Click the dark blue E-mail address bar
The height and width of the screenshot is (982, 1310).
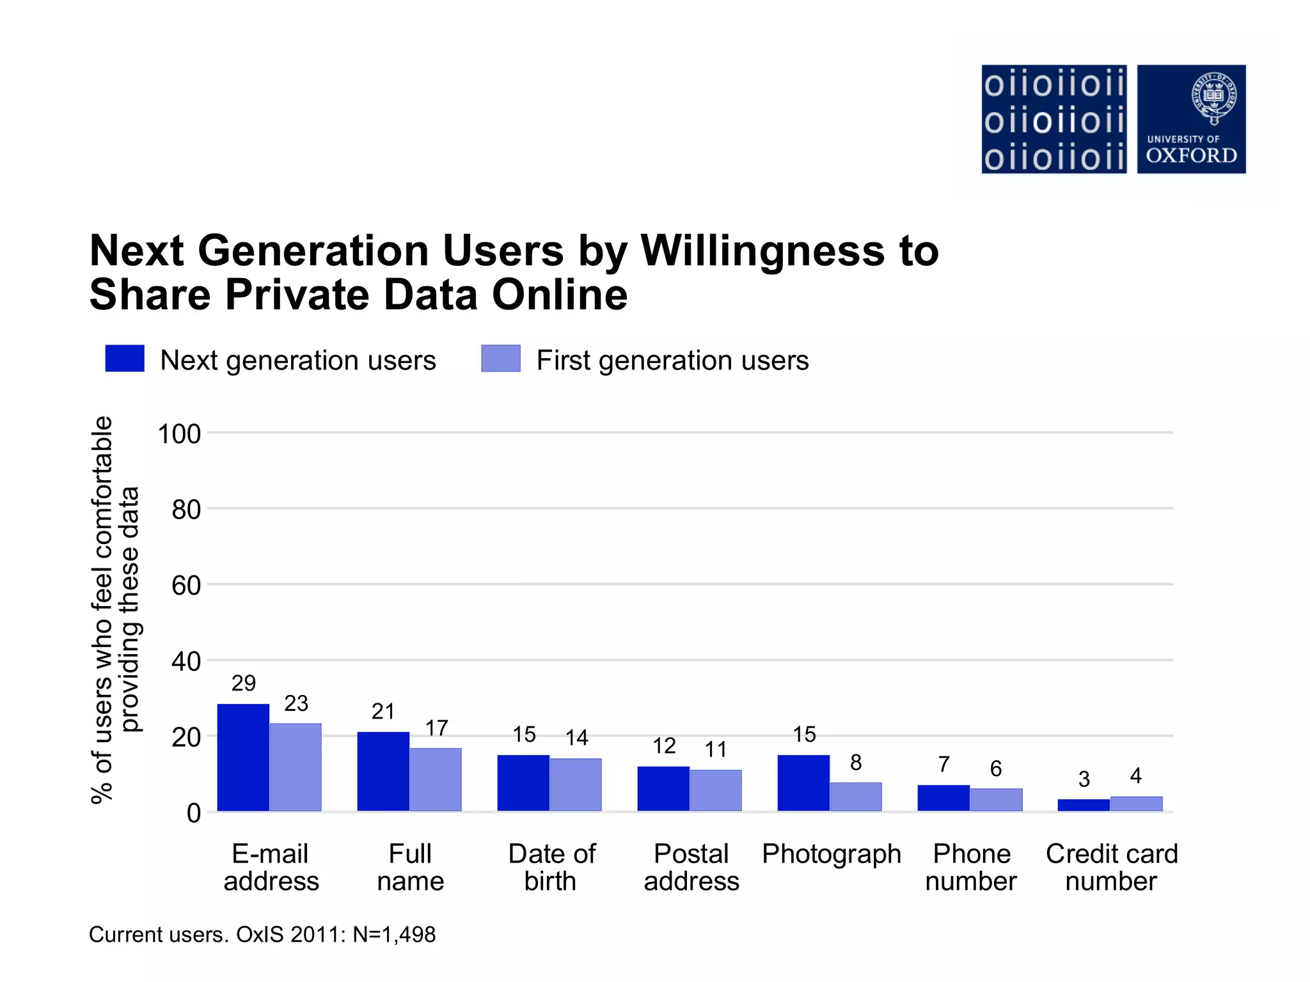pos(243,758)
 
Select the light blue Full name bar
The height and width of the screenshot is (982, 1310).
pos(436,779)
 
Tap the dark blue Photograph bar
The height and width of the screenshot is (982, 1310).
pos(803,783)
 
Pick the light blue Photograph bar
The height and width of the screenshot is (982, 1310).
pos(856,797)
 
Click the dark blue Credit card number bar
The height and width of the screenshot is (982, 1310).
pos(1084,806)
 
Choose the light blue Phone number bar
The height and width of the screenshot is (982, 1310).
pos(996,800)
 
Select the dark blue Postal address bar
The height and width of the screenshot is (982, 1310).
pos(663,789)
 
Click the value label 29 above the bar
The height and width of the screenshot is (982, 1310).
pos(244,683)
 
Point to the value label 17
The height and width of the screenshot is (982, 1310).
pos(437,728)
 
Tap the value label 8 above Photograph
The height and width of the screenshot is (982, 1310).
pos(856,763)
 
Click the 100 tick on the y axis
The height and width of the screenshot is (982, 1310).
pos(179,434)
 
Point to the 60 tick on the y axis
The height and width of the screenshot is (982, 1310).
pos(186,586)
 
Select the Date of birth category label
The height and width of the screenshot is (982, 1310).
pos(551,868)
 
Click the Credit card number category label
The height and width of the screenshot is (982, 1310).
pos(1112,868)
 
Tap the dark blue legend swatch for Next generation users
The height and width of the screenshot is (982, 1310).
pos(125,359)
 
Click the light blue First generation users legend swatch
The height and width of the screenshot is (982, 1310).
pos(501,359)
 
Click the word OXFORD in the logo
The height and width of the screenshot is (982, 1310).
pos(1191,155)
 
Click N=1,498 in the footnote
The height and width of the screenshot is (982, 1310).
pos(394,935)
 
